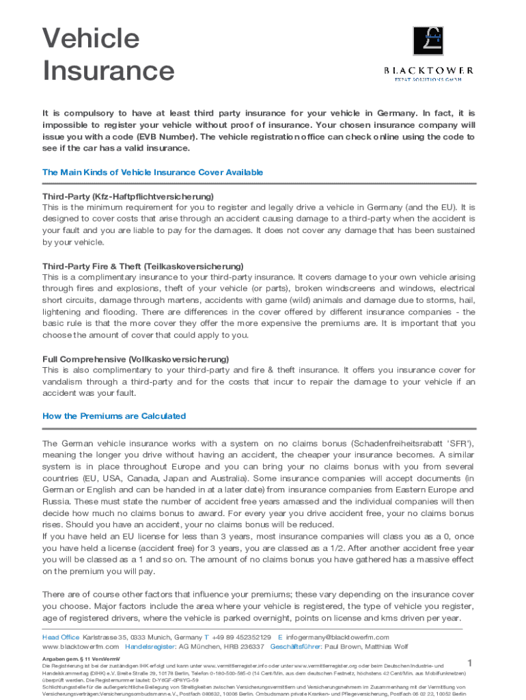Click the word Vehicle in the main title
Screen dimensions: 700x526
(x=91, y=38)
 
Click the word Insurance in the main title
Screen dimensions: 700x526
(x=108, y=70)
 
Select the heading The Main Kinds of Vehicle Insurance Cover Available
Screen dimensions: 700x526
(x=152, y=172)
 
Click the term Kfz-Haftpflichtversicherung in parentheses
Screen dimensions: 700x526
(x=153, y=196)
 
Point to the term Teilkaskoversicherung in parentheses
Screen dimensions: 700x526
(x=193, y=266)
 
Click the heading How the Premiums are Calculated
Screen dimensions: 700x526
(x=114, y=416)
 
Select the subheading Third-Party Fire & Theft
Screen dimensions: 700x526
(x=87, y=266)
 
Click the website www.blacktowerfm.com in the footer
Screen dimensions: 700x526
(x=81, y=646)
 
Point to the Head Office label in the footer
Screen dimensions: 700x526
(x=61, y=637)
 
